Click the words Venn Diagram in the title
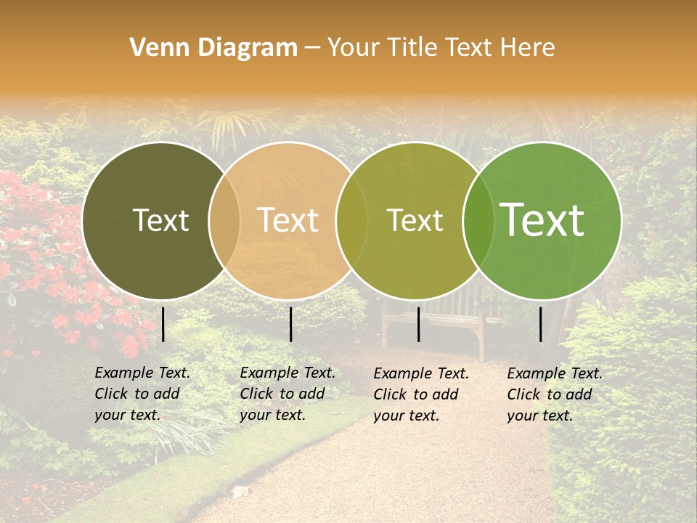coord(213,48)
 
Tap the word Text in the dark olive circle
coord(160,220)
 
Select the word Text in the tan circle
coord(288,220)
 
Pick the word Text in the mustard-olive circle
coord(415,220)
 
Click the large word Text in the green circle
coord(542,220)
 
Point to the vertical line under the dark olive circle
coord(163,324)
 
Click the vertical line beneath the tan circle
coord(290,324)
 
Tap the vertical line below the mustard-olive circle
coord(419,324)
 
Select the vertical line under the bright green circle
coord(541,324)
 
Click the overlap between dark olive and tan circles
coord(224,220)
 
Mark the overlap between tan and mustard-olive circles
coord(351,220)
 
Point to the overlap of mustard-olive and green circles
coord(478,220)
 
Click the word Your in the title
coord(351,48)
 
